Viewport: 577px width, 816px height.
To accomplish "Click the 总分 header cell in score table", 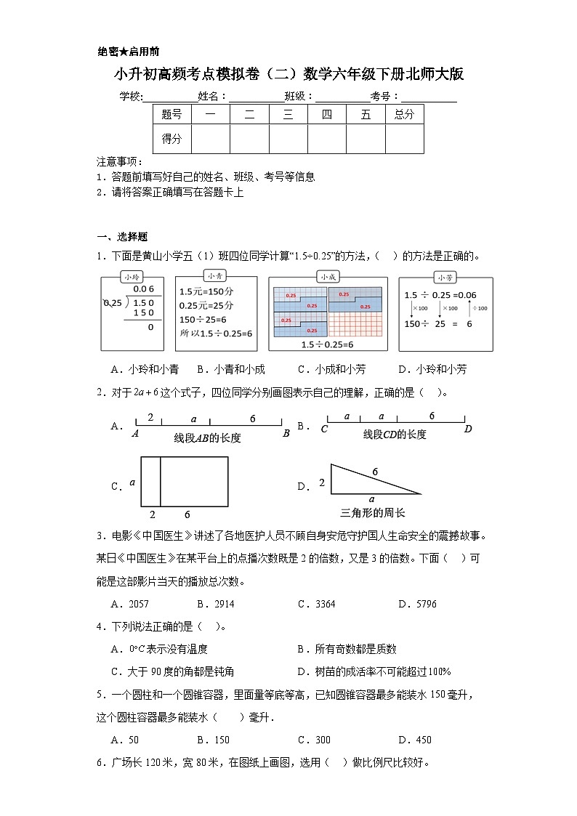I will (404, 114).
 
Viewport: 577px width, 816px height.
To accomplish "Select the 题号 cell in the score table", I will (172, 114).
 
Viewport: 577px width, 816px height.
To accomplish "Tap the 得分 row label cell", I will (172, 139).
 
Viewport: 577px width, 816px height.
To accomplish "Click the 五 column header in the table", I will (365, 114).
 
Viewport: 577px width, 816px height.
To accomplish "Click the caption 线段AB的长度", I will (207, 438).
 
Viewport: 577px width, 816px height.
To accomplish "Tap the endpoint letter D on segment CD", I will (468, 429).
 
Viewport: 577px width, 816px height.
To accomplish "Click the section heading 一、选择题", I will (122, 236).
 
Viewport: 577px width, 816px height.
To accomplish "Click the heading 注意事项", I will (119, 161).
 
